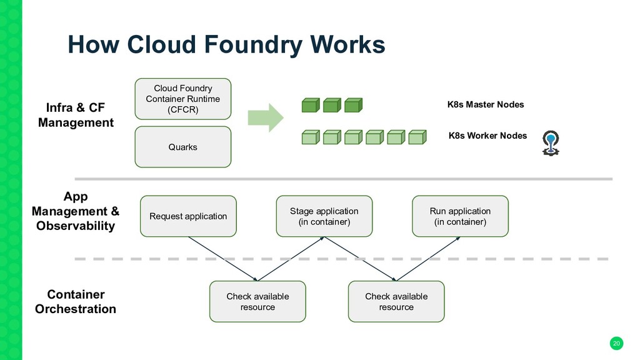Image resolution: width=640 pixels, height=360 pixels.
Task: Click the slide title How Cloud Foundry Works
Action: point(226,44)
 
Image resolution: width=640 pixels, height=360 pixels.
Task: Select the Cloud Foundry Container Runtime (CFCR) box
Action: point(183,99)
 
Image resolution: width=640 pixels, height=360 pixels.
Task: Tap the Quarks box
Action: point(183,147)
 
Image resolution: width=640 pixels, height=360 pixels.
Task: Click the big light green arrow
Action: point(265,117)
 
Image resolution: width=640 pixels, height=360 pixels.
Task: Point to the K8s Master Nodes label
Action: point(485,104)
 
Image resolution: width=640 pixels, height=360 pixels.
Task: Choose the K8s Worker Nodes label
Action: point(487,136)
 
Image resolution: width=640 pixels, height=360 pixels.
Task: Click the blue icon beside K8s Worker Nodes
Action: point(551,143)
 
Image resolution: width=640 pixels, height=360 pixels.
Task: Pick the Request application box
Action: point(188,216)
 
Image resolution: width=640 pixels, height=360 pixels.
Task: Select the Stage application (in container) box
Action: point(324,216)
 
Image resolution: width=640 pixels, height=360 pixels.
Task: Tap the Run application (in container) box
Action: point(460,216)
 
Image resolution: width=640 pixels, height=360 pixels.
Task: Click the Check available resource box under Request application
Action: point(257,302)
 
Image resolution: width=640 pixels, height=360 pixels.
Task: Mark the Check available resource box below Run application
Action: point(396,302)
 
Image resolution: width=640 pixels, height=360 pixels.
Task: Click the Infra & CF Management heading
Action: point(76,115)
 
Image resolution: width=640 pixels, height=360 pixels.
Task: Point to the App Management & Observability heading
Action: point(76,211)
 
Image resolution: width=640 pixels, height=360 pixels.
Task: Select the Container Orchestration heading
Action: point(76,302)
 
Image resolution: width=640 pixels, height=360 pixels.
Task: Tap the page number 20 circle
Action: point(616,343)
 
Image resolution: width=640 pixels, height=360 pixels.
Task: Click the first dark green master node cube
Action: point(311,105)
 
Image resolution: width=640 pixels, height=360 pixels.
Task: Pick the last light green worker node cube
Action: point(417,137)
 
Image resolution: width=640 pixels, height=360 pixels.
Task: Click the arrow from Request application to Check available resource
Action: point(223,259)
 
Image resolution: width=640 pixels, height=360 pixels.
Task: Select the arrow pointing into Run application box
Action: point(428,259)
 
